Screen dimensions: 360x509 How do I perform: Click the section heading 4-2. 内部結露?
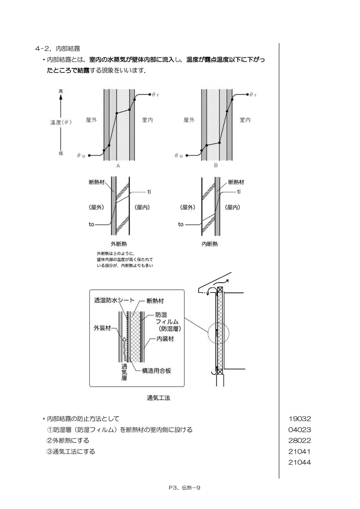[x=58, y=49]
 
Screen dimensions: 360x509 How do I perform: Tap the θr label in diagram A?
[x=155, y=95]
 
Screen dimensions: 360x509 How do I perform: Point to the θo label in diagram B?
[x=179, y=155]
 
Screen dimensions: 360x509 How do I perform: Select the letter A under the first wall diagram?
[x=118, y=166]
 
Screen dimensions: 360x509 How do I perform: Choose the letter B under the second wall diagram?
[x=216, y=165]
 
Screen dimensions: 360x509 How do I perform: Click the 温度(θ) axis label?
[x=61, y=122]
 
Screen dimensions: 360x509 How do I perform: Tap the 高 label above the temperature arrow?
[x=61, y=91]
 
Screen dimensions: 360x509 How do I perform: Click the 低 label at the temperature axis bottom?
[x=61, y=153]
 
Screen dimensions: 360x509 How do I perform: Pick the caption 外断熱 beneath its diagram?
[x=119, y=244]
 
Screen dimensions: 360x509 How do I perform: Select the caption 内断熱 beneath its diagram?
[x=210, y=244]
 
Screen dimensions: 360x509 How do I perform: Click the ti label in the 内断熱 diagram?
[x=239, y=192]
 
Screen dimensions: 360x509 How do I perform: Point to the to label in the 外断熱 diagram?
[x=91, y=225]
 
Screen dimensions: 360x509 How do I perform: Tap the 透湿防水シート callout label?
[x=114, y=300]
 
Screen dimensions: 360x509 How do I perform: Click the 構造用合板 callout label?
[x=156, y=371]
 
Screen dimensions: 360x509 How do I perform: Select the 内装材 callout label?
[x=165, y=339]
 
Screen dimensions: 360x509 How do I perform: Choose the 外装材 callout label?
[x=102, y=328]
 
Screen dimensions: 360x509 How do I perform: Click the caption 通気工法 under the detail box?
[x=158, y=398]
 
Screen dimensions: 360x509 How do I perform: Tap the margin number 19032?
[x=300, y=419]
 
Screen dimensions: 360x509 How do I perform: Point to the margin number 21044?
[x=300, y=462]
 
